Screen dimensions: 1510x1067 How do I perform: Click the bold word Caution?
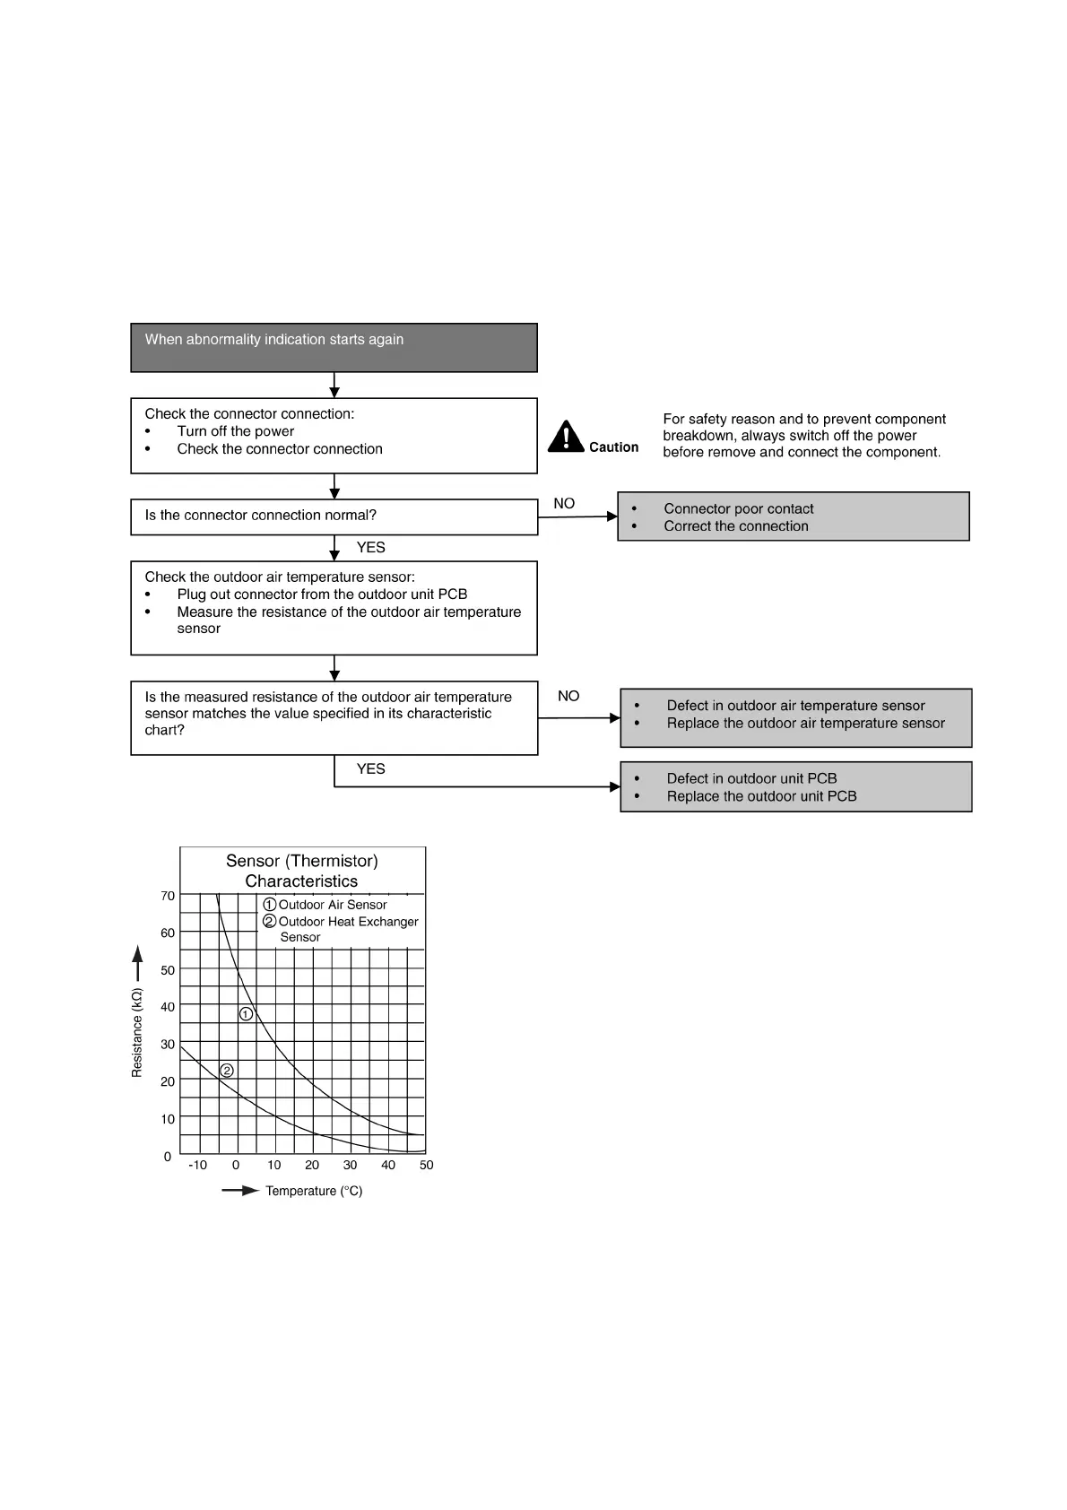613,447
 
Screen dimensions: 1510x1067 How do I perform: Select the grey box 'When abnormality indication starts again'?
334,347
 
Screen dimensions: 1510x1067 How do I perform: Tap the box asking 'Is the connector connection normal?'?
334,516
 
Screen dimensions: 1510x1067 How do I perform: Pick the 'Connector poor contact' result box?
793,516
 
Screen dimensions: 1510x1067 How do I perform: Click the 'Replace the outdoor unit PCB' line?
761,796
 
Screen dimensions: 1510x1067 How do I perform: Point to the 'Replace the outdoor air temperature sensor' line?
805,723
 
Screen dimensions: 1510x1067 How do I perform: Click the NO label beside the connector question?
564,503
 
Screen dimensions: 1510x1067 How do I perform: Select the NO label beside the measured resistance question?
568,696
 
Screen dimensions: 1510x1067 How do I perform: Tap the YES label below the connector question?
370,547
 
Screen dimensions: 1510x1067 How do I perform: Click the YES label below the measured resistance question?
370,768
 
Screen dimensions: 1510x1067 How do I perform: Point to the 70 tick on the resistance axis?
168,896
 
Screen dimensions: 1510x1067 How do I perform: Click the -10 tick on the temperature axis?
197,1165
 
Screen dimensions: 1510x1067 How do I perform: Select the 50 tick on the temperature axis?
426,1165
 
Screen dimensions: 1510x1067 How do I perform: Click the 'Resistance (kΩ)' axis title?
137,1033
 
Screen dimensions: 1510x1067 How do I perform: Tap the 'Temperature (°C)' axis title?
314,1191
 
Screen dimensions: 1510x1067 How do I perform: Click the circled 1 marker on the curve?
246,1014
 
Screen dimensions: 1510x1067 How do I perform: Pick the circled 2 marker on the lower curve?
227,1071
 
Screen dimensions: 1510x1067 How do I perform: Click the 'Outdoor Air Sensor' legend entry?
332,905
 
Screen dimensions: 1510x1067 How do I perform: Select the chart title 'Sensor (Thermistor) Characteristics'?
302,871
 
